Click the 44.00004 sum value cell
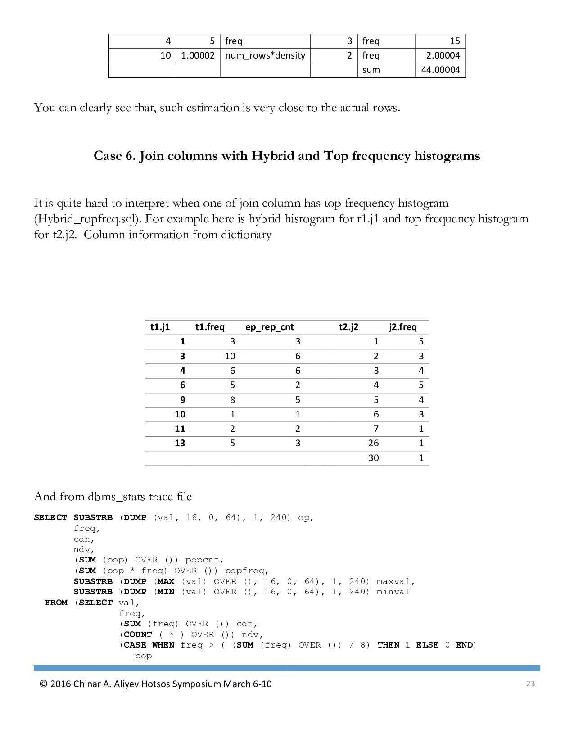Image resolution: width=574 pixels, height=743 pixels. [440, 70]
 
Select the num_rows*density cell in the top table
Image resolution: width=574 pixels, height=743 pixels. [265, 55]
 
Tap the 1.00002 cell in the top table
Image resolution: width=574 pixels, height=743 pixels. [198, 55]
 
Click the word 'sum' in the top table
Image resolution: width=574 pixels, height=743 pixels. [371, 70]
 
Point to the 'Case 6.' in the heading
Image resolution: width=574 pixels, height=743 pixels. [114, 156]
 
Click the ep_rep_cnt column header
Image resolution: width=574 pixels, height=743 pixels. [269, 327]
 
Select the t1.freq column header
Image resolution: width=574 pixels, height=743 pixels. [210, 327]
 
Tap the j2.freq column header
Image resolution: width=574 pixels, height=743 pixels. [403, 327]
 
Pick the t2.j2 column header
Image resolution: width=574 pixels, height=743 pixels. [348, 327]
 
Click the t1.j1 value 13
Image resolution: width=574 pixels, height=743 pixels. [180, 443]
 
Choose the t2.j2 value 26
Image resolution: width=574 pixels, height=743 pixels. [373, 443]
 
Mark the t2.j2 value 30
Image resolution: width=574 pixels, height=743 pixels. [373, 458]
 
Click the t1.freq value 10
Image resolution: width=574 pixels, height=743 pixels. [230, 356]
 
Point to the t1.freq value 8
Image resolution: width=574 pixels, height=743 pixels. [232, 400]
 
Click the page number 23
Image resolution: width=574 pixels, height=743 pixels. [530, 684]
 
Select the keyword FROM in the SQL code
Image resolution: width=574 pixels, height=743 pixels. [56, 603]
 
